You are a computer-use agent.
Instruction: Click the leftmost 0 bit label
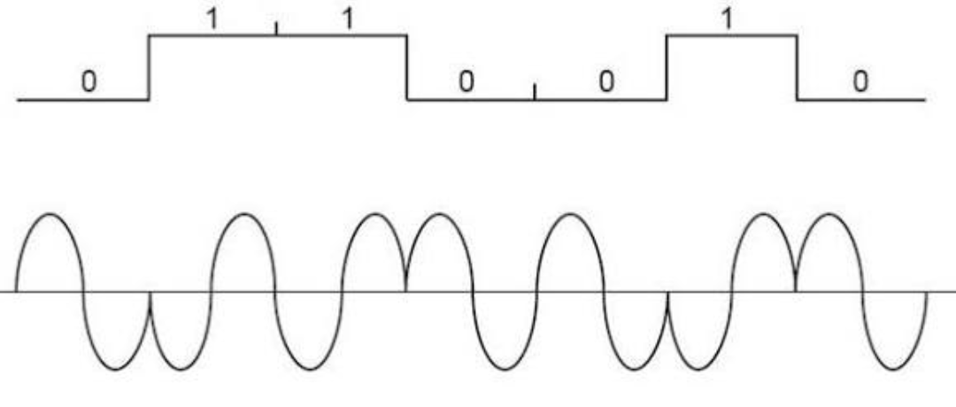point(88,81)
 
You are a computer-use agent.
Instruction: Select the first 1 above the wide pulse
point(212,19)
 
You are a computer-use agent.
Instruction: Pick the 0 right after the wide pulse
point(466,81)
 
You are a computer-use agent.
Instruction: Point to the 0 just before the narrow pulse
point(605,81)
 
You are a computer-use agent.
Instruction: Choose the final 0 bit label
point(860,81)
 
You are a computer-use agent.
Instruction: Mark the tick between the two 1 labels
point(276,28)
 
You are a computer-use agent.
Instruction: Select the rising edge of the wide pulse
point(149,67)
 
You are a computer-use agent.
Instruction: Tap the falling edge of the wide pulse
point(407,67)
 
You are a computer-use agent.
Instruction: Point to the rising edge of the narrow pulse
point(667,67)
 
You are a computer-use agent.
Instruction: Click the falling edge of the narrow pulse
point(797,67)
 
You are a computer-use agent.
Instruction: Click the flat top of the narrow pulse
point(731,35)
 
